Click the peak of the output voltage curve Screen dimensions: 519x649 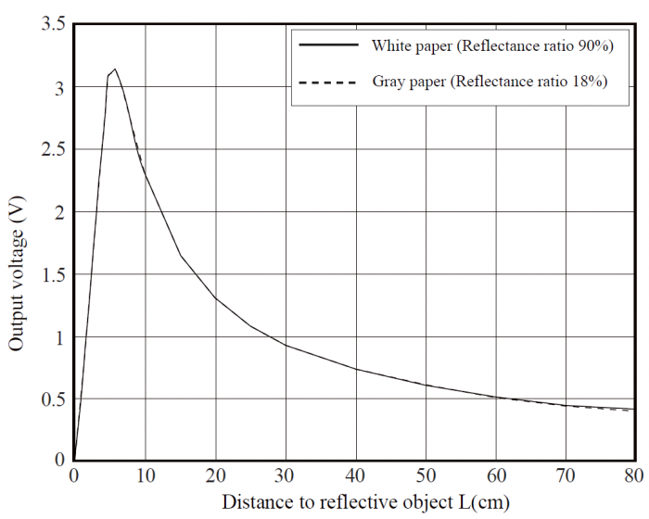[x=114, y=69]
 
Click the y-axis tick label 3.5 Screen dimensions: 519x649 [x=52, y=25]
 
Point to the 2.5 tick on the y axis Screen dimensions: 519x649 [x=52, y=150]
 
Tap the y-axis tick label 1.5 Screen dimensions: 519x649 [x=52, y=275]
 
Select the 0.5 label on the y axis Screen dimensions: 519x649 [x=52, y=399]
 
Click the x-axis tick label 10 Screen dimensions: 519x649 [x=145, y=476]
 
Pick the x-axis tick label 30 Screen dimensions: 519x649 [x=286, y=476]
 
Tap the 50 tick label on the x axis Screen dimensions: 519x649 [x=426, y=476]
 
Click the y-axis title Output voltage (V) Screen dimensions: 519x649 [x=17, y=276]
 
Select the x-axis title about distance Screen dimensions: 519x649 [x=364, y=502]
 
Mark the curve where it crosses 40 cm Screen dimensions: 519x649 [x=356, y=369]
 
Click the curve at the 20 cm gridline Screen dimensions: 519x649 [x=215, y=297]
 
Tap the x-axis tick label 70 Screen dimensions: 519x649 [x=566, y=476]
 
